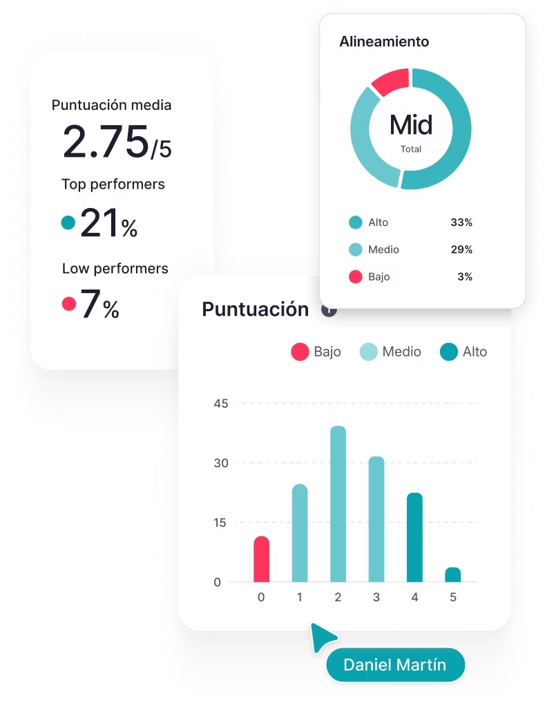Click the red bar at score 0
[261, 559]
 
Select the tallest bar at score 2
[338, 504]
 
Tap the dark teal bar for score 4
[414, 537]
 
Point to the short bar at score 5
[452, 574]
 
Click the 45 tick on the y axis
[221, 404]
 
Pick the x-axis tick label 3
[376, 597]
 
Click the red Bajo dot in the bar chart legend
[300, 352]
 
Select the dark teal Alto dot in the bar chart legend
[449, 352]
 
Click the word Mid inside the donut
[411, 125]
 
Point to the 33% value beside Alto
[461, 223]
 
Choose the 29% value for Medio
[461, 249]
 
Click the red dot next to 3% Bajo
[356, 277]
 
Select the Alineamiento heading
[384, 41]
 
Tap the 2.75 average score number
[106, 142]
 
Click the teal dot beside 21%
[68, 223]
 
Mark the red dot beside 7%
[68, 303]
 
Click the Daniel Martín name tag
[394, 666]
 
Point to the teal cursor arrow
[323, 636]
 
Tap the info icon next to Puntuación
[329, 310]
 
